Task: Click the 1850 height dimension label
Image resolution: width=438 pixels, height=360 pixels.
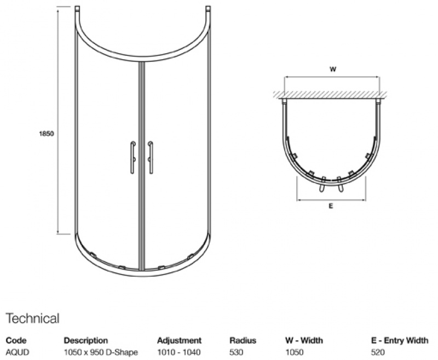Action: click(x=47, y=133)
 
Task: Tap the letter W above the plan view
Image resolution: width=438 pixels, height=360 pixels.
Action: click(x=332, y=69)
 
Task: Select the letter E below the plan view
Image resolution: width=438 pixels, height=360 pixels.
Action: click(x=331, y=207)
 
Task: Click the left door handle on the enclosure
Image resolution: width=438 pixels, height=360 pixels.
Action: click(x=131, y=158)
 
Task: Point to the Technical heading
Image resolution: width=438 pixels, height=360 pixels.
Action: click(x=32, y=318)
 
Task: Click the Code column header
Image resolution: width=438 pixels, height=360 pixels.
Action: click(x=16, y=340)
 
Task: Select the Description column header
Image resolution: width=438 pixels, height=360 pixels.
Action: click(x=86, y=340)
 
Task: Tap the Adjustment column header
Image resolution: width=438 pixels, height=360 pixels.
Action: click(x=179, y=340)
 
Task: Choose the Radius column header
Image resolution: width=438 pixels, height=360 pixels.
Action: click(x=243, y=340)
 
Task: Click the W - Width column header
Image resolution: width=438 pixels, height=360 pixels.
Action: click(x=304, y=340)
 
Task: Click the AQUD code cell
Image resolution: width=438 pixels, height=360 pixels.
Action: click(x=18, y=352)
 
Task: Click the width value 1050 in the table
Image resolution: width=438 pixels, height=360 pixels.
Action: click(x=295, y=352)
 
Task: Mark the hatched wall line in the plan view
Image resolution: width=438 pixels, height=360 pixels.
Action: click(x=332, y=94)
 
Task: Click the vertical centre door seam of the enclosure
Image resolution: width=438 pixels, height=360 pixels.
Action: click(x=142, y=164)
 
